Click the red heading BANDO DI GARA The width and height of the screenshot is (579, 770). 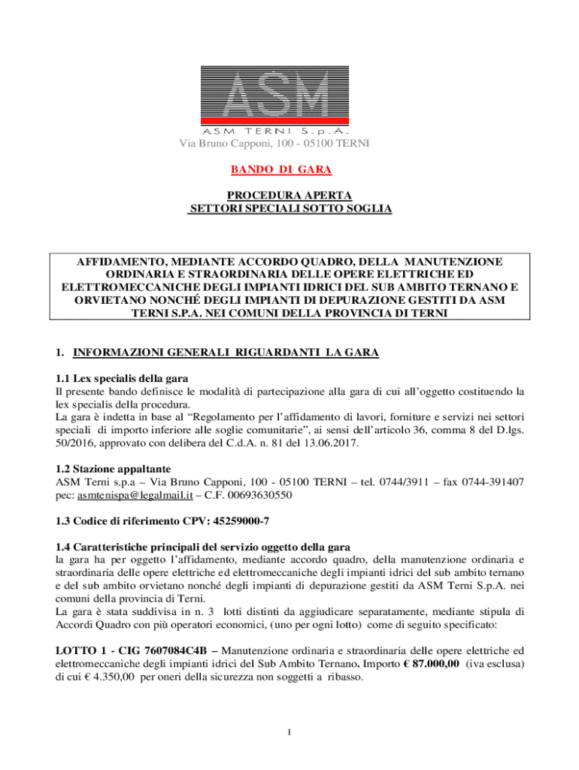[x=289, y=170]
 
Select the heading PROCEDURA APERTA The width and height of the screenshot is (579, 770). [x=289, y=196]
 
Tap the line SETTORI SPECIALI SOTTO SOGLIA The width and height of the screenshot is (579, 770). [x=289, y=208]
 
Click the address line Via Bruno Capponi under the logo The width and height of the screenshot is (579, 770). [x=289, y=144]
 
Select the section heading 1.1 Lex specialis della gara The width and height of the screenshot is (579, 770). [x=122, y=377]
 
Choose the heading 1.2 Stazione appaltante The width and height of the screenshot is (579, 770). [x=118, y=468]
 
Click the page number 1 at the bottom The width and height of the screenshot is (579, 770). [x=289, y=732]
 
